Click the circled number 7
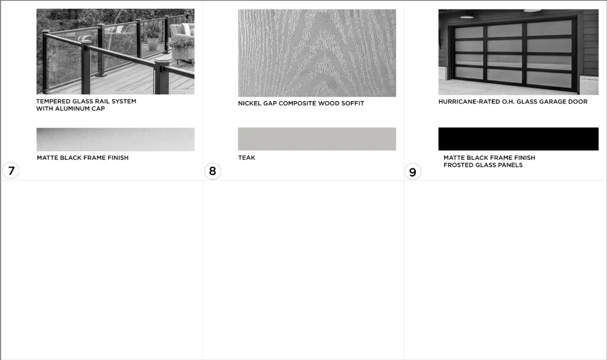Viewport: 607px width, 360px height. (11, 171)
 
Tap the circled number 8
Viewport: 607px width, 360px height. (212, 171)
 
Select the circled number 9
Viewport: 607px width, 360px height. (413, 172)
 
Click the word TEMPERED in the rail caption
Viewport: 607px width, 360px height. (53, 101)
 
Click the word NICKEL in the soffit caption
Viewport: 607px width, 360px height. (248, 104)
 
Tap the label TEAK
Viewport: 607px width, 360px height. (247, 158)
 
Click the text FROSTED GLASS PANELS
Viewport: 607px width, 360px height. (483, 165)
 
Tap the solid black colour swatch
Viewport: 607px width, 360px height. (518, 139)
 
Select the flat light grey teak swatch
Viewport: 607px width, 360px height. (317, 139)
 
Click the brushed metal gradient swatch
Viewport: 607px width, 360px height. (115, 140)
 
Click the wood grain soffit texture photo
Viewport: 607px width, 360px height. (317, 53)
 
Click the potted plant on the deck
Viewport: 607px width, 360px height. (153, 40)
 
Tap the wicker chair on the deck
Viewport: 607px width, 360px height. (182, 44)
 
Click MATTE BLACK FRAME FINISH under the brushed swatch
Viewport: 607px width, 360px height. (82, 158)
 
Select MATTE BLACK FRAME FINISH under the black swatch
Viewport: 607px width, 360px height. (490, 158)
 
